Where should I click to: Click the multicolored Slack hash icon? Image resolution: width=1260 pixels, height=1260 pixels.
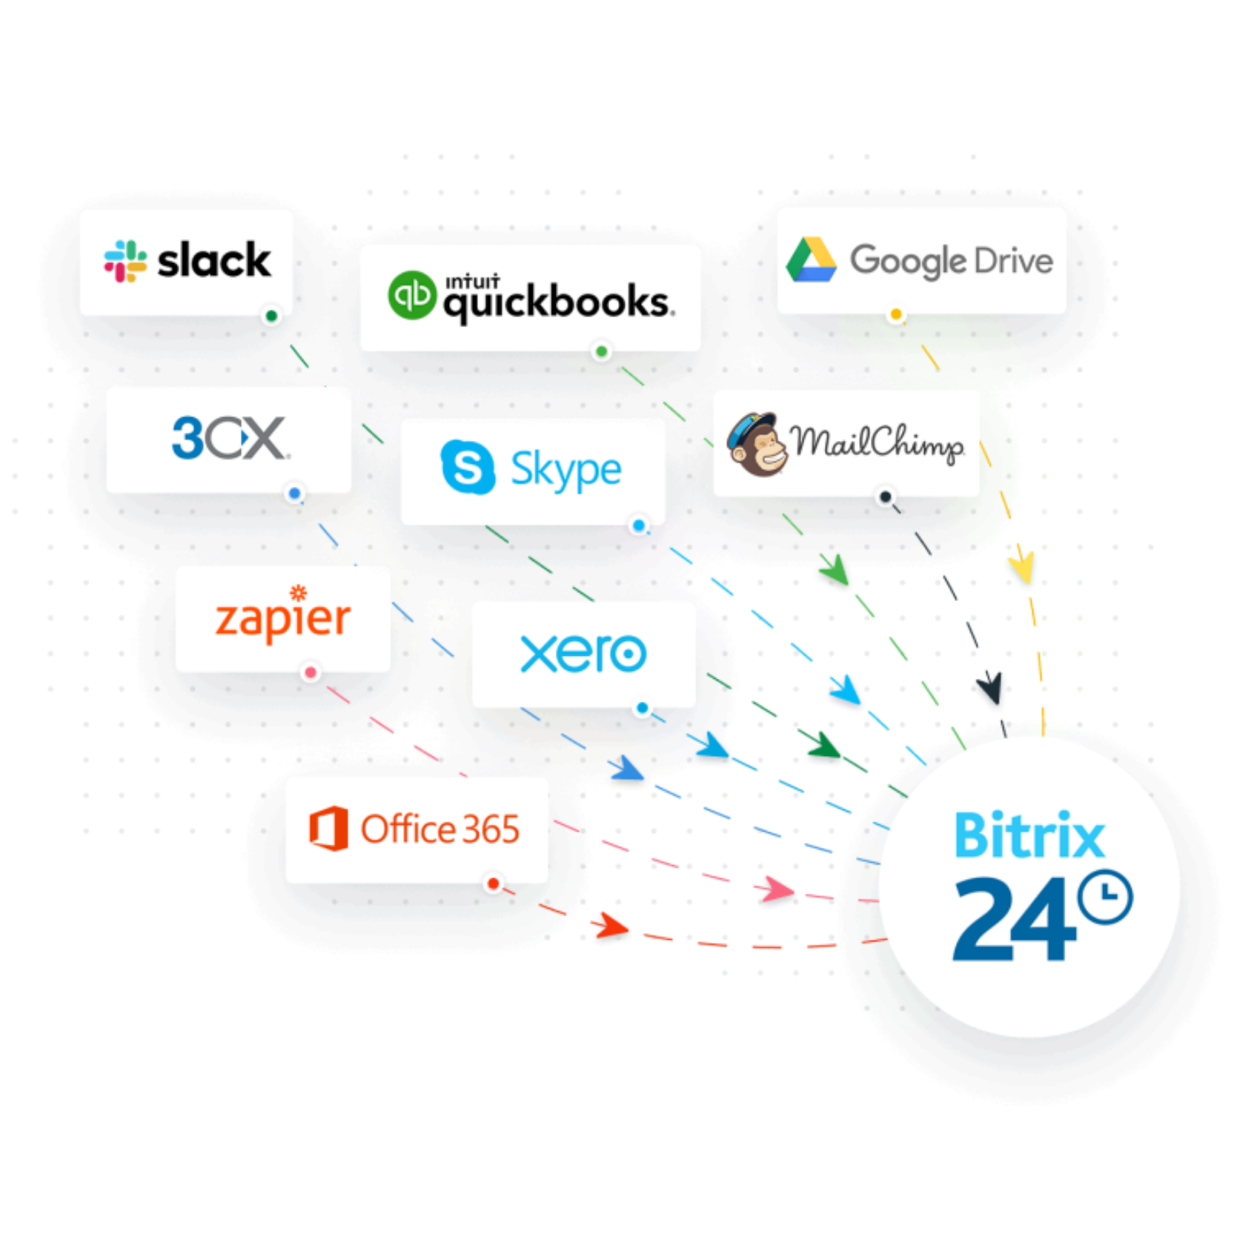[x=125, y=261]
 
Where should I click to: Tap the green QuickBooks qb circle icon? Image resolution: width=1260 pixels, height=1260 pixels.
[x=412, y=295]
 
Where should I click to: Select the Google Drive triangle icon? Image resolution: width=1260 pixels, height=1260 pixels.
[x=811, y=260]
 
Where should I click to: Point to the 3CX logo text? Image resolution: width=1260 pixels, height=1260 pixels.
[x=229, y=438]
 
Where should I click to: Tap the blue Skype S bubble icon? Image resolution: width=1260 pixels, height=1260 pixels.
[x=467, y=467]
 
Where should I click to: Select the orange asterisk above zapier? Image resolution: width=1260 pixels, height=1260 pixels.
[x=298, y=592]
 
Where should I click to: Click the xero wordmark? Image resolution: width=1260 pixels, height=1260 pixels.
[x=583, y=654]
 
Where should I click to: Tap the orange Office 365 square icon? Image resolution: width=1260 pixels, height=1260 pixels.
[x=328, y=828]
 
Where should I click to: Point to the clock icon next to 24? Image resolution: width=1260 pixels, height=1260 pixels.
[x=1104, y=897]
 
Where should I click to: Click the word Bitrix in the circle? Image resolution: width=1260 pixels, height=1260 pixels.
[x=1029, y=836]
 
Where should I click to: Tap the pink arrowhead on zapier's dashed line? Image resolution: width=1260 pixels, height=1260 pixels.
[x=775, y=889]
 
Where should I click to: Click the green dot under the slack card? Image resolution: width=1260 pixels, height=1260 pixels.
[x=271, y=316]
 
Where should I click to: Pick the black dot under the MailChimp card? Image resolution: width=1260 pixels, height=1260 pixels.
[x=885, y=497]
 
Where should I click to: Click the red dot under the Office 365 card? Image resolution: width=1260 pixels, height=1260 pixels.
[x=493, y=883]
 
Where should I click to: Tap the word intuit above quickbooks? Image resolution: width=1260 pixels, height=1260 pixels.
[x=472, y=282]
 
